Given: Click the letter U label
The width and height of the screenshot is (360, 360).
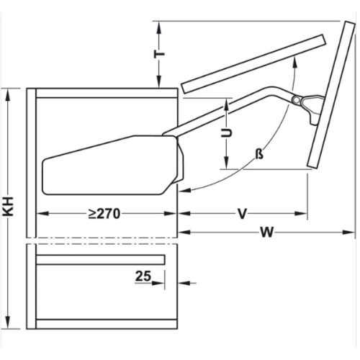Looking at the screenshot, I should click(225, 133).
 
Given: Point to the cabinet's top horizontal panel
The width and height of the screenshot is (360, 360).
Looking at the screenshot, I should click(104, 92).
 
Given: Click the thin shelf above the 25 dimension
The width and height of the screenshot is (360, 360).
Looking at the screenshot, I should click(101, 259).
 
